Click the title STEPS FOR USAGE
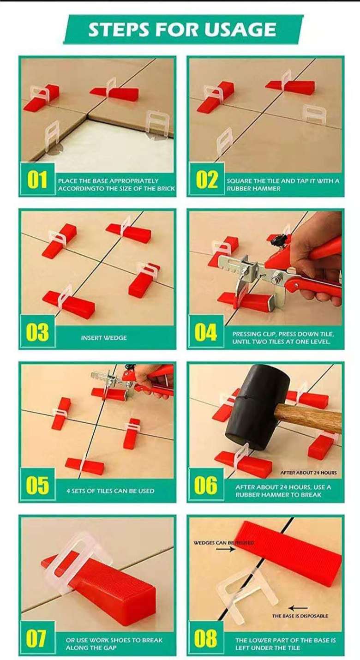(x=182, y=30)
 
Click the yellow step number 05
(x=37, y=485)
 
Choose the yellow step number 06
(x=206, y=485)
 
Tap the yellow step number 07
(x=37, y=638)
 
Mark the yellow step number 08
(x=206, y=638)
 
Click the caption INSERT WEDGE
(x=104, y=338)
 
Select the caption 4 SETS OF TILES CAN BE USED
(x=110, y=491)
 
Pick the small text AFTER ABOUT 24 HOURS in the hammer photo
(x=308, y=473)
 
